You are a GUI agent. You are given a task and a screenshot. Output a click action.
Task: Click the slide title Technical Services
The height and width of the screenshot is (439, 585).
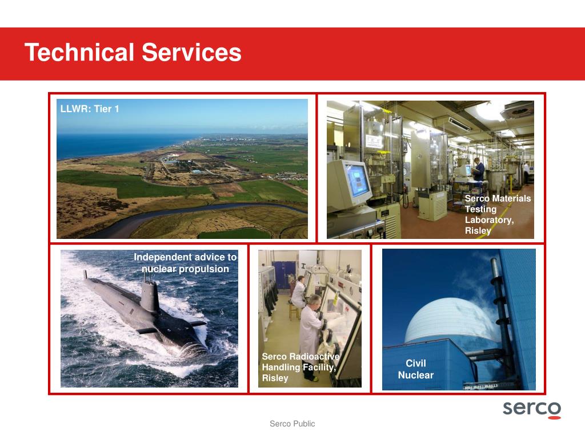pos(133,53)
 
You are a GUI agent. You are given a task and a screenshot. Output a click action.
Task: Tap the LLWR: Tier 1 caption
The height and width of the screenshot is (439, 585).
pos(90,109)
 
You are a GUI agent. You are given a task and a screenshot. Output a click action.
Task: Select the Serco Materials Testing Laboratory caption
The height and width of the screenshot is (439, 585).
pos(497,214)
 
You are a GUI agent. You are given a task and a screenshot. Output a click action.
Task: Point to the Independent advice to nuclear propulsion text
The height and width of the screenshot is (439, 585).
pos(185,263)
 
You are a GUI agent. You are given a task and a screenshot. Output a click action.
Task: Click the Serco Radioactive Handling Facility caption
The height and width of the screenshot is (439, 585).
pos(299,367)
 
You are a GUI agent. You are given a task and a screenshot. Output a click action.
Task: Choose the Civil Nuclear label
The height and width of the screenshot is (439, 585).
pos(415,369)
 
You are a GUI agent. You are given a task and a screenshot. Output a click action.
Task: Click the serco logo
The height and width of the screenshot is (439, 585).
pos(531,409)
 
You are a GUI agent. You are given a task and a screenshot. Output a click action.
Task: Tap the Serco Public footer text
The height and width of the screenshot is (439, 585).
pos(292,424)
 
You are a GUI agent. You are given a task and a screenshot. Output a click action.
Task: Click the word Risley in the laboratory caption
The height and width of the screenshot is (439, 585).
pos(478,231)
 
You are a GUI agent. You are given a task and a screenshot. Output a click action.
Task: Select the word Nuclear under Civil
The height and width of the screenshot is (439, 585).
pos(415,376)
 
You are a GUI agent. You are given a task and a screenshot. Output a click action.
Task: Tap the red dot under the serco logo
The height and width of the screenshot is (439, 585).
pos(554,417)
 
